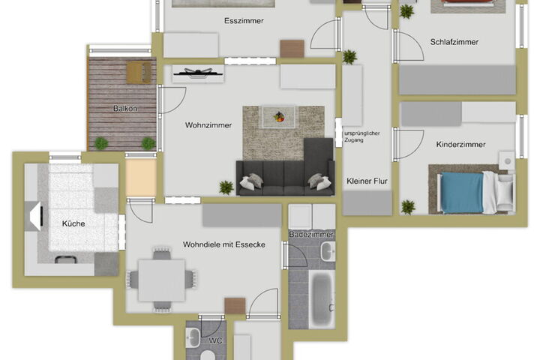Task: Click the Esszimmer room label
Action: (244, 21)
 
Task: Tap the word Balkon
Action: (125, 109)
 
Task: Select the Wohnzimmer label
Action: (208, 125)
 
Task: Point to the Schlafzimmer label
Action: (454, 42)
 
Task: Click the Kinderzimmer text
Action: (460, 144)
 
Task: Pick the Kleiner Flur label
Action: (367, 181)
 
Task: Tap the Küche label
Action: (73, 223)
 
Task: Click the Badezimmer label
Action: (311, 235)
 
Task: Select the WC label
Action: (215, 340)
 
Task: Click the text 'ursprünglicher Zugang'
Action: (361, 136)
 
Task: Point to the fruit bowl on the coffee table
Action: (279, 117)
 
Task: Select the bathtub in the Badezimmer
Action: (322, 299)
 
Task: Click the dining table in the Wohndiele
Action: (161, 280)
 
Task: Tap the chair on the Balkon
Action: (139, 72)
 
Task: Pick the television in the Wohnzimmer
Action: (197, 73)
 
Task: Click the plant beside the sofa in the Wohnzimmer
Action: (226, 187)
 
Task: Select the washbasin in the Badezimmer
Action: (328, 251)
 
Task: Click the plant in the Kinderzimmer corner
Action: (408, 207)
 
